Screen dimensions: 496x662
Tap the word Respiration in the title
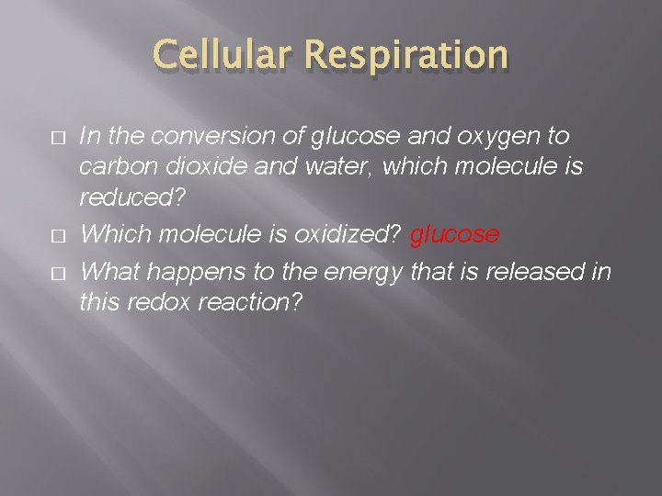pos(405,57)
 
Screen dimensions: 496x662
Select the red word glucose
pos(454,235)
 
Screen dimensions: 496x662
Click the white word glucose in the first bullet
pos(353,137)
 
